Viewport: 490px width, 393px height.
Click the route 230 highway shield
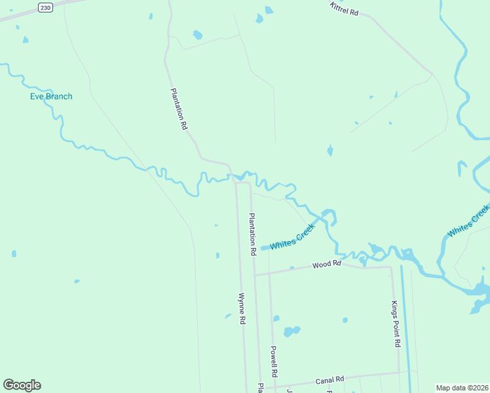(45, 7)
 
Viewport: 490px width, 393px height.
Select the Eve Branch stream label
(51, 96)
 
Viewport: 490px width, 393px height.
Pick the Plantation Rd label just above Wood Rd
(252, 234)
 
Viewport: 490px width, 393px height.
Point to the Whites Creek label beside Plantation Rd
(292, 236)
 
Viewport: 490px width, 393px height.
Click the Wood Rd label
(327, 264)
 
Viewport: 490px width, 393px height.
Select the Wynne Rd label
(242, 309)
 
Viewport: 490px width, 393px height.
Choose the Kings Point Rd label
(395, 324)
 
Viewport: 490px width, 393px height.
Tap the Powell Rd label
(274, 361)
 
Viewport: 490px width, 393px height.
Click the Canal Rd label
(330, 380)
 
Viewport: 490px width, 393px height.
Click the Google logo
(22, 385)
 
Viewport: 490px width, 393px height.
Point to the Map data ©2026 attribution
(462, 387)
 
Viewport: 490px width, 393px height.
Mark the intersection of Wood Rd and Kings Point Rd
(392, 267)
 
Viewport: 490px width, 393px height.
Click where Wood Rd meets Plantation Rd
(255, 275)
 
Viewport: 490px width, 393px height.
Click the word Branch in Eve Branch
(60, 96)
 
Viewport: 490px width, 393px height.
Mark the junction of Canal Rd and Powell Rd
(276, 386)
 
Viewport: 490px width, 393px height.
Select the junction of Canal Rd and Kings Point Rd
(399, 373)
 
